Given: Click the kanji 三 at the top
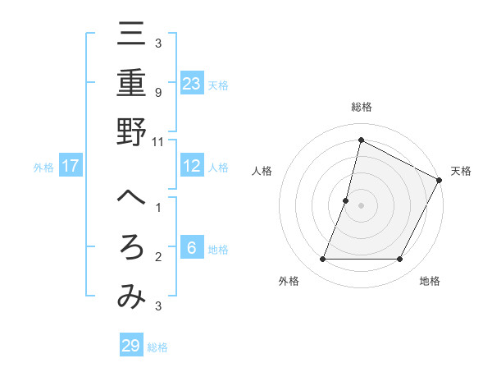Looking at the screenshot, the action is tap(131, 36).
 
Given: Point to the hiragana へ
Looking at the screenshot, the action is tap(131, 199).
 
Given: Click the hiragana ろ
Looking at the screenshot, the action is tap(131, 248).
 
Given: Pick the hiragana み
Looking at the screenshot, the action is tap(131, 297).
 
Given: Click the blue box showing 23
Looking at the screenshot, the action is tap(191, 83).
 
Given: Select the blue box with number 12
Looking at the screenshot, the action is tap(191, 166).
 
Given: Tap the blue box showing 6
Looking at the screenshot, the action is tap(191, 248).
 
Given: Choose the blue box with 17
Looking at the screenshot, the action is tap(71, 166).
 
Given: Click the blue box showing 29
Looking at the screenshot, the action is tap(130, 345).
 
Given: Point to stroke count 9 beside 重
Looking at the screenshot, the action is tap(158, 93).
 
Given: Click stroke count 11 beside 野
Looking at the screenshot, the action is tap(158, 141).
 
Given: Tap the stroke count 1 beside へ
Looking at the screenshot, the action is tap(158, 208).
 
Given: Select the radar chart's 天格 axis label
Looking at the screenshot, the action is tap(461, 171).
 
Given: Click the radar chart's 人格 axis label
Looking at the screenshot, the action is tap(262, 171).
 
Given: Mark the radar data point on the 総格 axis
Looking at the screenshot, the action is tap(361, 140).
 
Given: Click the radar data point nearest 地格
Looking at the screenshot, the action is tap(400, 260).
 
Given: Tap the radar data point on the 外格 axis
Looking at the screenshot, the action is tap(322, 260).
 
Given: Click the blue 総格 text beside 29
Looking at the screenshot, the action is tap(157, 347).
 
